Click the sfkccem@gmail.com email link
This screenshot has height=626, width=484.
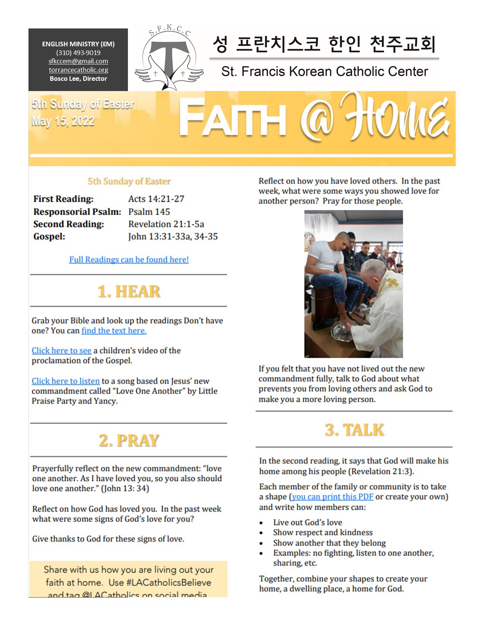(78, 61)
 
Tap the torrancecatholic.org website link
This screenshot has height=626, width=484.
(78, 70)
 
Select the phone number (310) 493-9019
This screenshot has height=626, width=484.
(78, 53)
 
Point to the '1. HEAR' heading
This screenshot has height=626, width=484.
(129, 291)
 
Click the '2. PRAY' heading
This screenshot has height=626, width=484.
(129, 440)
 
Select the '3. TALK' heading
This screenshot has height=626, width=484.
(354, 430)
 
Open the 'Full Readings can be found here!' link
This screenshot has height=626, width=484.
(129, 260)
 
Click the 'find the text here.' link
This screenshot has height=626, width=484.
(114, 330)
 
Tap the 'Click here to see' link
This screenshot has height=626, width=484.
(61, 351)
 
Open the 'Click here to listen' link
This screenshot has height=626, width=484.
(66, 381)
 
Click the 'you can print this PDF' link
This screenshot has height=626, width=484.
(333, 497)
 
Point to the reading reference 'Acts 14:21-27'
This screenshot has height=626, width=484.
(156, 199)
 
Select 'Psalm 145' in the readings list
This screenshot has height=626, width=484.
(149, 212)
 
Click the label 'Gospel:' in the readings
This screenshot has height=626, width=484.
(49, 236)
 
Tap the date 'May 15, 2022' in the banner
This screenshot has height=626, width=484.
(63, 121)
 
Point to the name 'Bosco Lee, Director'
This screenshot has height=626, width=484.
(78, 79)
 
